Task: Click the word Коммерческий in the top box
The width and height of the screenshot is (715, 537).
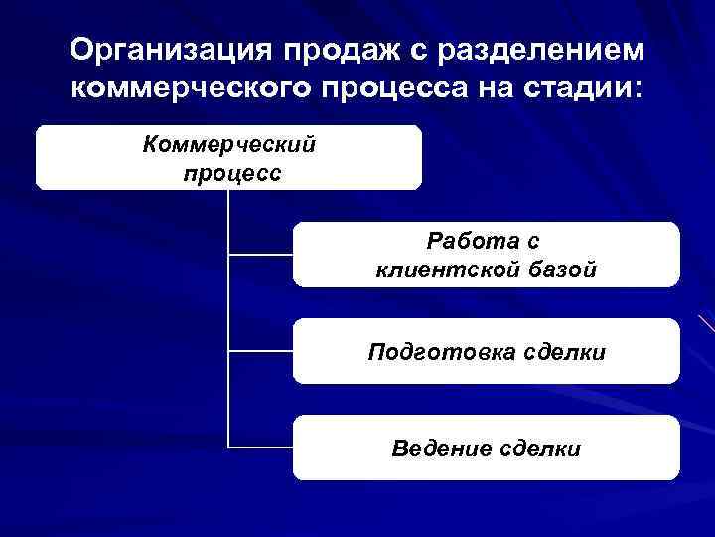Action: coord(229,145)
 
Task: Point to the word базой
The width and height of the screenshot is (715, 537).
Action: coord(563,269)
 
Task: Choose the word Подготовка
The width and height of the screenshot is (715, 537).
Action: coord(430,352)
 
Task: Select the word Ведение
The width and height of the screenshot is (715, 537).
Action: coord(441,448)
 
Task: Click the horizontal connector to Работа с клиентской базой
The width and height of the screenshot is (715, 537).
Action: coord(260,255)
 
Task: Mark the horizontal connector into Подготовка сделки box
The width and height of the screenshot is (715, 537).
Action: coord(260,350)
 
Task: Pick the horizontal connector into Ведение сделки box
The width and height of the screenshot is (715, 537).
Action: coord(260,447)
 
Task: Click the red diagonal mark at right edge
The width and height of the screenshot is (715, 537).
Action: coord(707,323)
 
